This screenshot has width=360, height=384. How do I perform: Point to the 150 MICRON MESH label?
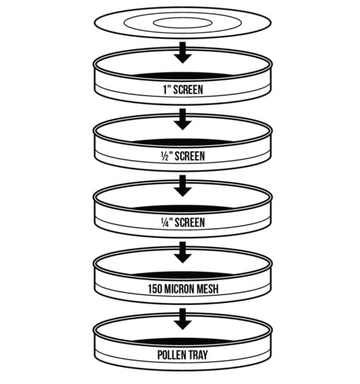(183, 289)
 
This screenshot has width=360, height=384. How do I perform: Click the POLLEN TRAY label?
(183, 355)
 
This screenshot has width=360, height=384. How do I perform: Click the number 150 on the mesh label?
(155, 289)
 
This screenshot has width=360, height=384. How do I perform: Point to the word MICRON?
(182, 289)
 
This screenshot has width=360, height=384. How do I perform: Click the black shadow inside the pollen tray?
(183, 341)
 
